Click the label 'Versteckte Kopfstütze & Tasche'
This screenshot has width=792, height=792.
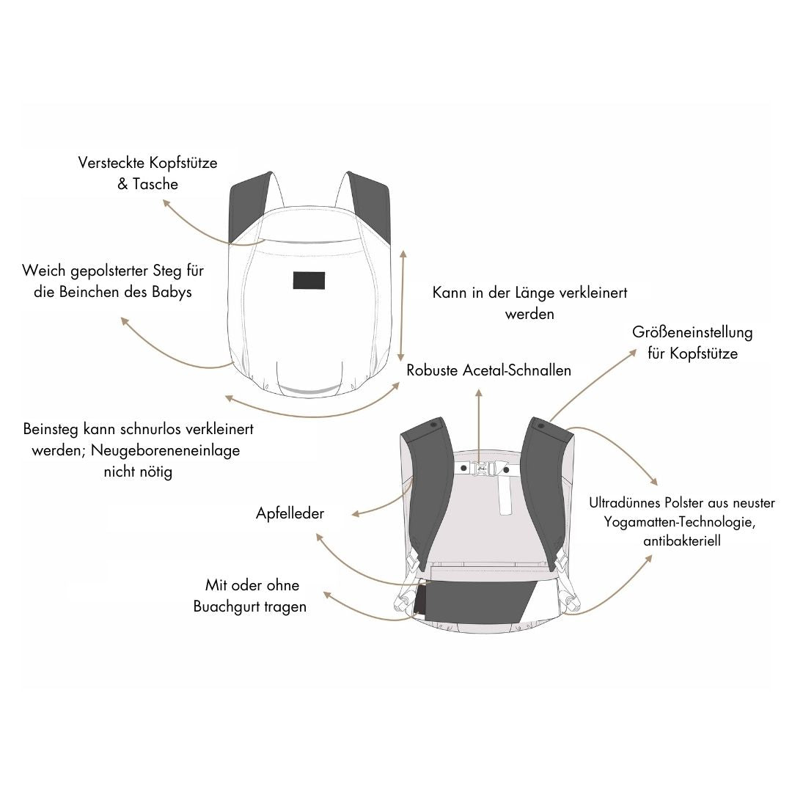pyautogui.click(x=147, y=173)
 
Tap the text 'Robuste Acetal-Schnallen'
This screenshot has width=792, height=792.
pyautogui.click(x=488, y=370)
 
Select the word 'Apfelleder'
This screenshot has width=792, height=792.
pyautogui.click(x=290, y=513)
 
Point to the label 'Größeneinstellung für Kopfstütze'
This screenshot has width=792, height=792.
pyautogui.click(x=692, y=343)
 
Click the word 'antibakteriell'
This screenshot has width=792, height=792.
pyautogui.click(x=682, y=541)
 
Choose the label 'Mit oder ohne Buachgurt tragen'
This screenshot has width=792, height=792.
pyautogui.click(x=250, y=595)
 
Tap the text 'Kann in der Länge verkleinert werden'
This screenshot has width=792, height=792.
pyautogui.click(x=529, y=303)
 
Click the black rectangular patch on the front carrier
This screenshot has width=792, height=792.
pyautogui.click(x=309, y=280)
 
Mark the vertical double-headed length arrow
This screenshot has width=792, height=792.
pyautogui.click(x=402, y=305)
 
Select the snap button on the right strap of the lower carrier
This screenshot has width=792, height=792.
pyautogui.click(x=541, y=426)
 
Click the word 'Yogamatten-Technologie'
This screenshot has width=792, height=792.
pyautogui.click(x=679, y=522)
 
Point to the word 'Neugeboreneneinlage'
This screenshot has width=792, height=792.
pyautogui.click(x=165, y=450)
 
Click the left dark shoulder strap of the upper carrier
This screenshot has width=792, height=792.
pyautogui.click(x=249, y=207)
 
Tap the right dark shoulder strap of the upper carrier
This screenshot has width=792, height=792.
pyautogui.click(x=370, y=207)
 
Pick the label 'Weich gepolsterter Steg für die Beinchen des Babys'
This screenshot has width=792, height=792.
pyautogui.click(x=113, y=281)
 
